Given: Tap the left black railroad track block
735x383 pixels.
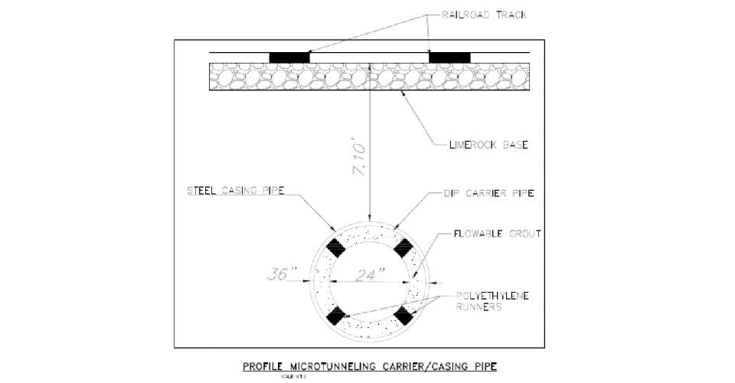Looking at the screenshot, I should (289, 57).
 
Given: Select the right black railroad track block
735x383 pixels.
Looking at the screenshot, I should (449, 57).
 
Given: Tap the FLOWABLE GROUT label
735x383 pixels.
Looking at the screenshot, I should (499, 234).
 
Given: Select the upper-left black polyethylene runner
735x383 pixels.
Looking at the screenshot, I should (335, 245).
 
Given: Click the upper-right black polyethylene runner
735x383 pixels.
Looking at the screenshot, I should (404, 245).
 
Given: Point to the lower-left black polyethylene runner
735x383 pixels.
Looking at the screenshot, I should (335, 315).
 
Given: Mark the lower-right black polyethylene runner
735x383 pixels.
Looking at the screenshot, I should (404, 315).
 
